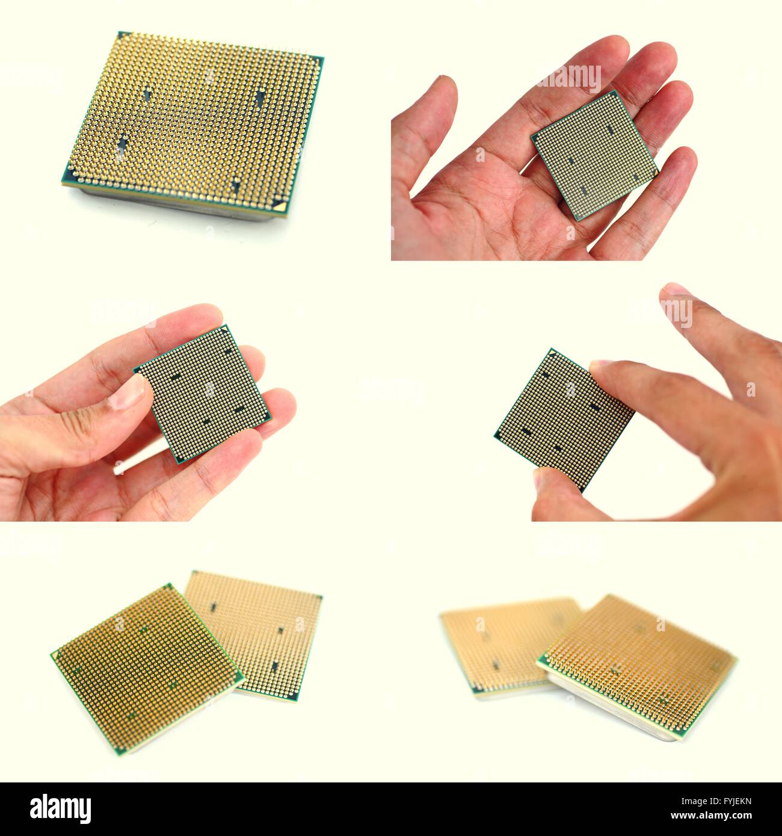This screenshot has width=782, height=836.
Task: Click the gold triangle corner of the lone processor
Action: tap(278, 204)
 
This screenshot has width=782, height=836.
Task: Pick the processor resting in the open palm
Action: tap(594, 155)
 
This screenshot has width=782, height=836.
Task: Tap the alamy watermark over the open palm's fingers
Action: tap(568, 78)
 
